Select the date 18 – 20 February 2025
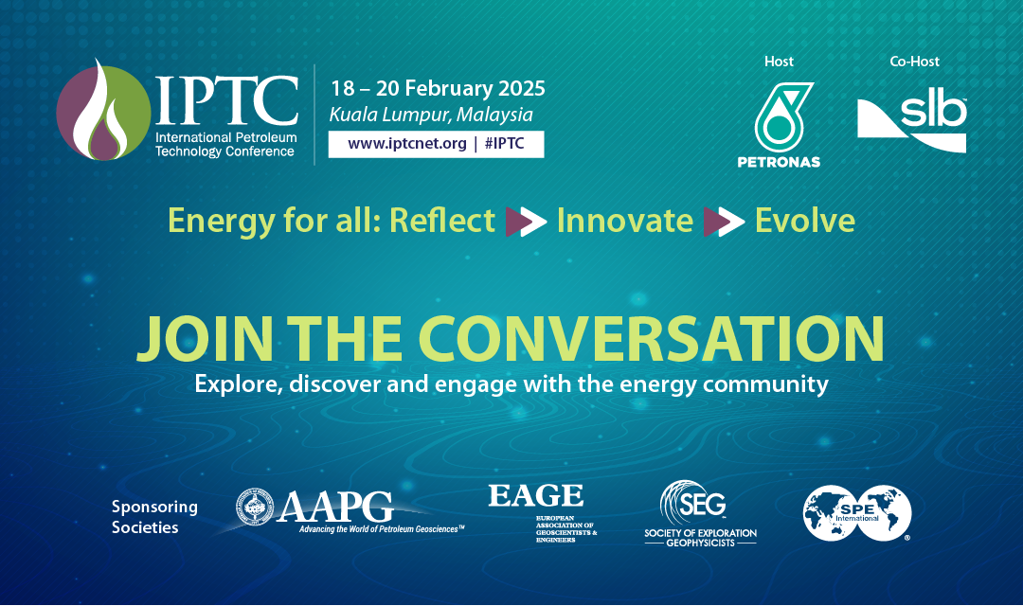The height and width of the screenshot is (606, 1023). [x=438, y=89]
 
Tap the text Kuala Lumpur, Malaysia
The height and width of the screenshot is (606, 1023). [x=431, y=116]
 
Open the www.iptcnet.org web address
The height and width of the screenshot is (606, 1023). [x=407, y=144]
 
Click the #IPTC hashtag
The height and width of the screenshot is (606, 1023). [x=507, y=144]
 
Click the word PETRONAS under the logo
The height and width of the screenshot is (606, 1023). [x=779, y=162]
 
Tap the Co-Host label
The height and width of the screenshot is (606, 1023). [x=915, y=62]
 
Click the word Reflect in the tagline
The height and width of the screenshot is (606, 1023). [x=442, y=221]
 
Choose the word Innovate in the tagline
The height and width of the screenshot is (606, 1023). [x=624, y=221]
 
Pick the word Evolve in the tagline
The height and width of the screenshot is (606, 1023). [x=804, y=221]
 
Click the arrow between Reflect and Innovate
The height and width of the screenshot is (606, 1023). [x=526, y=222]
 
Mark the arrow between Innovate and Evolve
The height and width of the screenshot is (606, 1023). [x=724, y=222]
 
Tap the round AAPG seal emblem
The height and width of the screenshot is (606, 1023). [x=256, y=508]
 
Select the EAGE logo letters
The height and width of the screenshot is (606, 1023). [x=535, y=495]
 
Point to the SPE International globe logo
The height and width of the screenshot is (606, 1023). [x=856, y=512]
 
